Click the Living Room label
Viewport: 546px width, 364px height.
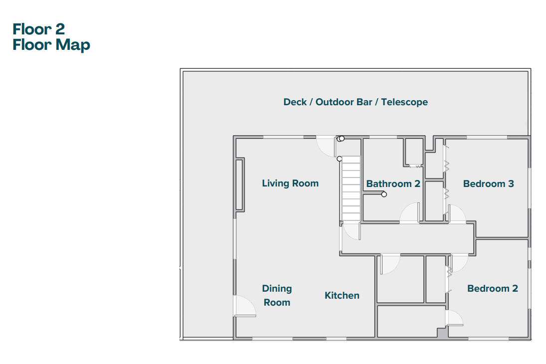point(290,183)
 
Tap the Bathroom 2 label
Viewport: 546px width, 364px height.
point(393,183)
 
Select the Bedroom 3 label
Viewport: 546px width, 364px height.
point(488,183)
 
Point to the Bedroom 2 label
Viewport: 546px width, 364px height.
point(492,288)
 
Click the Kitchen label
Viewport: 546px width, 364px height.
point(342,295)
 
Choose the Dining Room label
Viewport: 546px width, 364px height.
point(277,295)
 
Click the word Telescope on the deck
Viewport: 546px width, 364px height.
point(404,102)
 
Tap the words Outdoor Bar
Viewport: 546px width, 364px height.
point(344,102)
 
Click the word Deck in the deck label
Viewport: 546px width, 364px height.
point(295,102)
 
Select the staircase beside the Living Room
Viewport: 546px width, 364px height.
point(351,188)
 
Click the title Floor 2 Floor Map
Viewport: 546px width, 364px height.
point(51,37)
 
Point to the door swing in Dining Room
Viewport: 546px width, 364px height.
point(245,306)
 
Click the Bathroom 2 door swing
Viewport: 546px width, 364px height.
point(409,212)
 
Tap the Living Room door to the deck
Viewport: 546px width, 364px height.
point(326,147)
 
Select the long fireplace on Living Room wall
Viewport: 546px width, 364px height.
point(239,184)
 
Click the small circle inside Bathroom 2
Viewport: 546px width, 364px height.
point(384,194)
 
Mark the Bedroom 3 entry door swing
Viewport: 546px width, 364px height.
point(457,213)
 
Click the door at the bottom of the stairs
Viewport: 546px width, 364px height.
point(351,232)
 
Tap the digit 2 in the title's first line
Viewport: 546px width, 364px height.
point(60,29)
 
